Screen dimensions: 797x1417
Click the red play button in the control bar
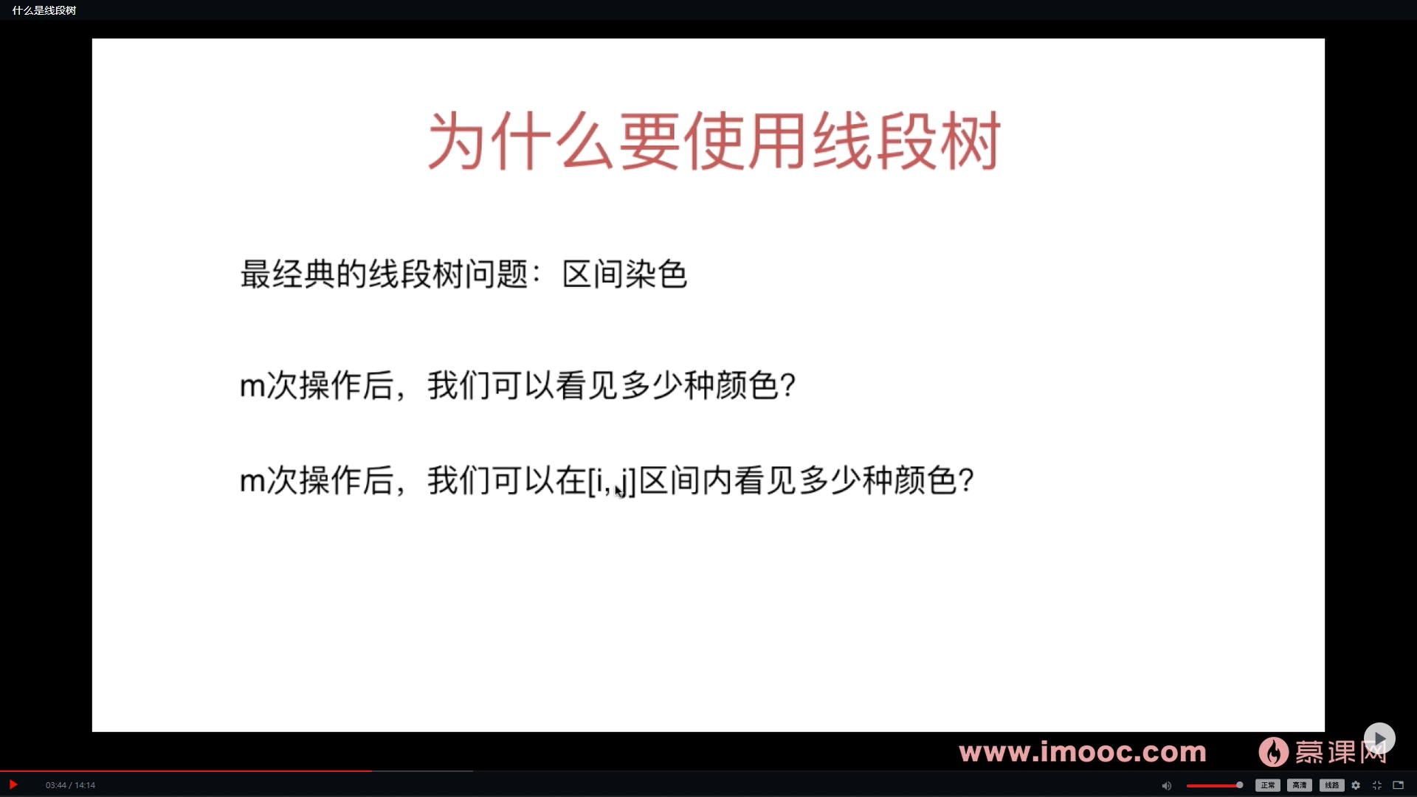[x=13, y=784]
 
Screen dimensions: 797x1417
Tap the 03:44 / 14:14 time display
[x=70, y=785]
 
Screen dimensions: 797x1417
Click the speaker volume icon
[x=1166, y=785]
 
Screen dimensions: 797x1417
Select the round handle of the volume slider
[x=1239, y=785]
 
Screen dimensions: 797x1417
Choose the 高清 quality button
[x=1299, y=785]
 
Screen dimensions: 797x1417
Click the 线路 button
[x=1331, y=785]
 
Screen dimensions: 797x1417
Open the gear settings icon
[x=1356, y=785]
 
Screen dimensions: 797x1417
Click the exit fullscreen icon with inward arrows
[x=1376, y=785]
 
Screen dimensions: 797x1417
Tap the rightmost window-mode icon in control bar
[x=1398, y=785]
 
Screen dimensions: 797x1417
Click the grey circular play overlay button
[x=1379, y=738]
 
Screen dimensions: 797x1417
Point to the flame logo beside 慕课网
[x=1273, y=752]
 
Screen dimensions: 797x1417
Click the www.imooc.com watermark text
[x=1082, y=752]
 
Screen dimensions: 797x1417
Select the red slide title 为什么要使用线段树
[x=714, y=141]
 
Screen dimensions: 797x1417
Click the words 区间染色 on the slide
[x=624, y=275]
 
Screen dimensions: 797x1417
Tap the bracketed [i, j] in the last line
[x=612, y=481]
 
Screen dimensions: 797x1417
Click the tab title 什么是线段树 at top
[x=44, y=10]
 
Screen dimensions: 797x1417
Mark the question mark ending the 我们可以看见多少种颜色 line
[x=787, y=385]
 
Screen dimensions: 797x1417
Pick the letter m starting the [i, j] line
[x=252, y=481]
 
